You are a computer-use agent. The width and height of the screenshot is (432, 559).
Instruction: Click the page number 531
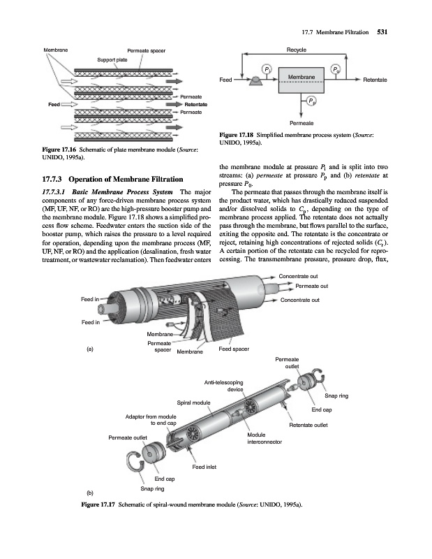(x=382, y=31)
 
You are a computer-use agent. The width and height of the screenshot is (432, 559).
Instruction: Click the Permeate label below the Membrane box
(x=301, y=122)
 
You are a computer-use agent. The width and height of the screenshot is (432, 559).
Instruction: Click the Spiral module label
(x=193, y=403)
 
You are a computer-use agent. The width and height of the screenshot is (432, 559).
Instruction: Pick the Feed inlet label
(x=205, y=467)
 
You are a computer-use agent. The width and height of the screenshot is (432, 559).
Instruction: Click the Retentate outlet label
(x=308, y=424)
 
